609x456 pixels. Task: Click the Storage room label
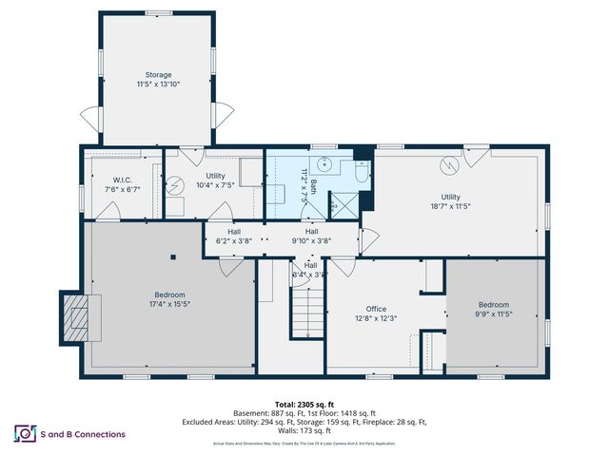point(157,74)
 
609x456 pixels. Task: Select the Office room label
point(376,309)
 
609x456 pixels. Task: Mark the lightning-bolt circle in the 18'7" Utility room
point(448,165)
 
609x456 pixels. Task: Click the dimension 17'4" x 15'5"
point(170,304)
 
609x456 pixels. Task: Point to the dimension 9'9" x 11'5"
point(495,313)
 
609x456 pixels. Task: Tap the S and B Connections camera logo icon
point(23,434)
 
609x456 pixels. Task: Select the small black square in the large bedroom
point(173,256)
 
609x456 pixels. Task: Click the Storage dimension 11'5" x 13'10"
point(157,84)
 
